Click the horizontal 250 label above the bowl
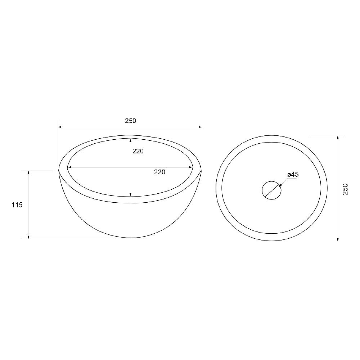tap(130, 121)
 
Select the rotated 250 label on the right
tap(345, 189)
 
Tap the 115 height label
tap(17, 205)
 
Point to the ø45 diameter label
tap(293, 175)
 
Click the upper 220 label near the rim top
tap(138, 151)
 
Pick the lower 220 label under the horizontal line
tap(159, 172)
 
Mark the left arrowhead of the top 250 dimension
tap(60, 127)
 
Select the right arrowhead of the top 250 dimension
tap(200, 127)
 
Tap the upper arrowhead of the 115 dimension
tap(29, 173)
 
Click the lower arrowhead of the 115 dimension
tap(29, 237)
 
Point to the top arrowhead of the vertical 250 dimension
tap(338, 138)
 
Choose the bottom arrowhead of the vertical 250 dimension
tap(338, 239)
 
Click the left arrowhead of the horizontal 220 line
tap(70, 167)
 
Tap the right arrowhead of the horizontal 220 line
tap(191, 167)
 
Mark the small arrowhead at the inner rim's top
tap(130, 140)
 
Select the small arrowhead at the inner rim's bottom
tap(130, 195)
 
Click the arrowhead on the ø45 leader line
tap(280, 185)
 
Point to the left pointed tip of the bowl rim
tap(59, 170)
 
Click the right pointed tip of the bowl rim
tap(201, 170)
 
